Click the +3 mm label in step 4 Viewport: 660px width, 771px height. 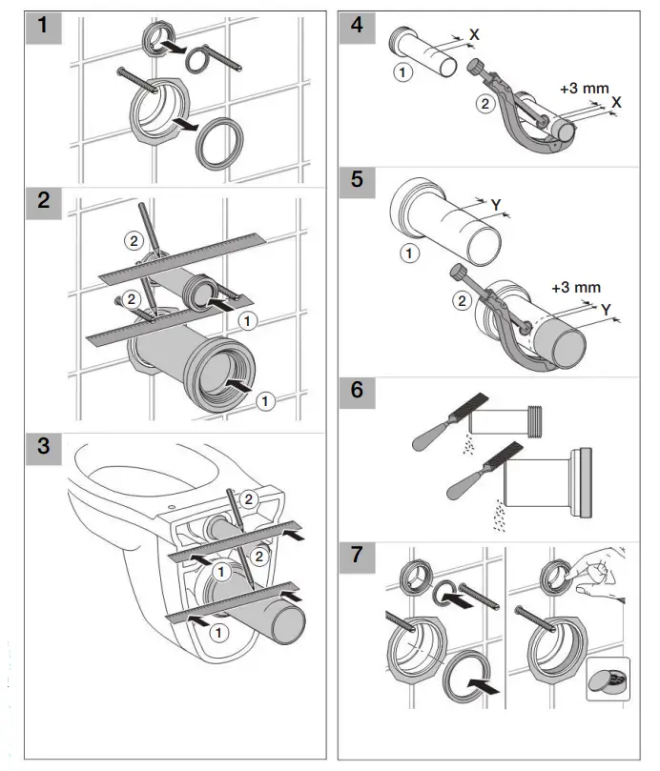[x=583, y=89]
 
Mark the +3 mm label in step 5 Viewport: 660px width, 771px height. [x=576, y=287]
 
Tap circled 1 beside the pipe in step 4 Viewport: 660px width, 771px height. [x=403, y=71]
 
